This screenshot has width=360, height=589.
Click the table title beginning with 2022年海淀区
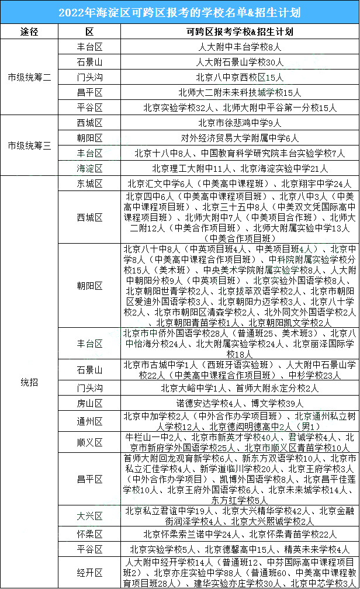click(x=179, y=12)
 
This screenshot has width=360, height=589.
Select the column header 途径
click(x=29, y=32)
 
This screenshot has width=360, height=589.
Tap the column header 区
click(x=89, y=32)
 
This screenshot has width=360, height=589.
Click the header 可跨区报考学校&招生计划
click(x=240, y=32)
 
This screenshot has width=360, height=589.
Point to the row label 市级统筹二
click(x=29, y=77)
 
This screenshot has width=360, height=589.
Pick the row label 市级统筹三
click(x=29, y=145)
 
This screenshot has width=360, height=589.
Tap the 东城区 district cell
click(x=89, y=183)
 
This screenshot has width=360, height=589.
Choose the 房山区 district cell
click(x=89, y=403)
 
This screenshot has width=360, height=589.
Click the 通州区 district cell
click(x=89, y=421)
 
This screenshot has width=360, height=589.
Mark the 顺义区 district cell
click(x=89, y=442)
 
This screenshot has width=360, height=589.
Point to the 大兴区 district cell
click(x=89, y=516)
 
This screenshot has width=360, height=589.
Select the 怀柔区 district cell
click(x=89, y=534)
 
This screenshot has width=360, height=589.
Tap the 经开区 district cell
click(x=89, y=572)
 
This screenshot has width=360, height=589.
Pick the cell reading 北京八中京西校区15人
click(x=240, y=77)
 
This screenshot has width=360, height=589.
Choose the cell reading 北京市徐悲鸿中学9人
click(x=240, y=123)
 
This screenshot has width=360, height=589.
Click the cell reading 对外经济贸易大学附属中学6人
click(x=240, y=138)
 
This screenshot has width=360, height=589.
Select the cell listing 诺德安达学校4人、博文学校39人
click(x=240, y=403)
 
